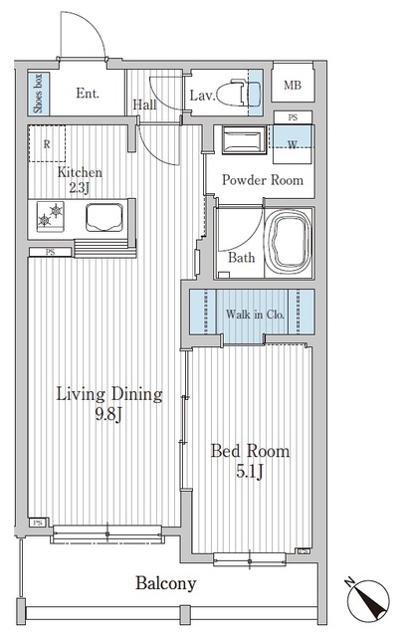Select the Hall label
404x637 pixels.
pos(144,104)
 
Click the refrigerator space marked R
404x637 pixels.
pos(46,142)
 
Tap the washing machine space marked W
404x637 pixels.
pos(292,141)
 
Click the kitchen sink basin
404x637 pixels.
pos(104,215)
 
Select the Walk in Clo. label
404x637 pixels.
pos(255,315)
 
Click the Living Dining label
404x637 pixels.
pos(108,395)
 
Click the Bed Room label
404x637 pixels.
pos(250,452)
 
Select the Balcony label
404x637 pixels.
pos(165,584)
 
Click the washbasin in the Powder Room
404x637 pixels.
pos(242,140)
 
